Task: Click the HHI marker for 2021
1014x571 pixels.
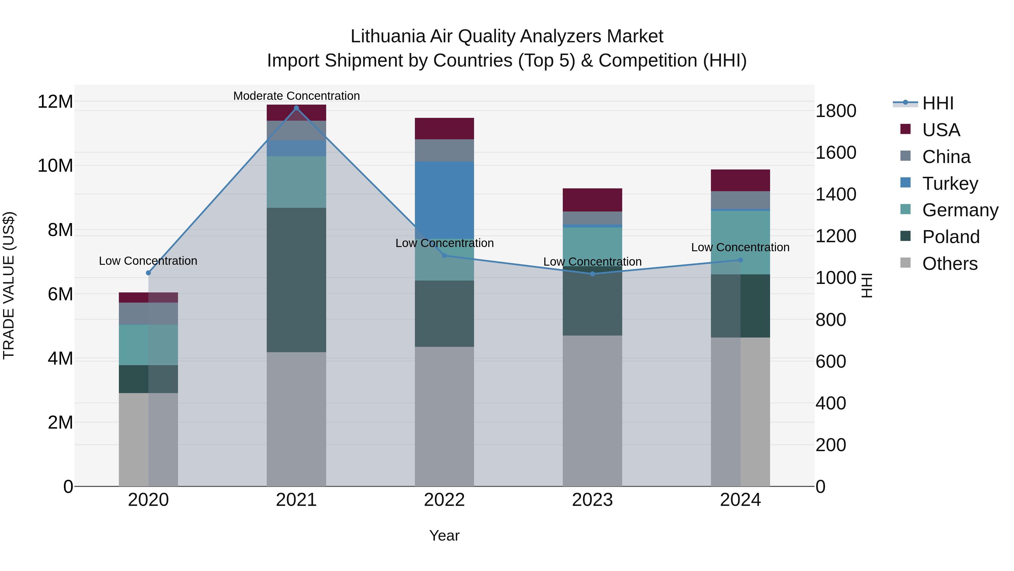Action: (296, 108)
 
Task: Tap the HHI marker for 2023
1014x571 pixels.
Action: (592, 274)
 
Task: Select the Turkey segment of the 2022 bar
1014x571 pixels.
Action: (444, 197)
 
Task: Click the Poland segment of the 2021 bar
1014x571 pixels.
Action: (296, 280)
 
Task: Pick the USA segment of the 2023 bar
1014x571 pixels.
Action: (592, 200)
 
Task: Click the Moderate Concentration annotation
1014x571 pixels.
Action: (296, 96)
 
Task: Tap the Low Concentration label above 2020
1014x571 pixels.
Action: (148, 261)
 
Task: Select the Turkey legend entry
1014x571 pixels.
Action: (950, 184)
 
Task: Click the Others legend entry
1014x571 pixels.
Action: (949, 264)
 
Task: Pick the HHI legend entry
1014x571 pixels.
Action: (938, 103)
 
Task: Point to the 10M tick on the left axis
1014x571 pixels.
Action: (55, 166)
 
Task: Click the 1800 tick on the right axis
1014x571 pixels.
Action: (836, 111)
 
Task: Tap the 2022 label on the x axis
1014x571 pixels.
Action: (444, 500)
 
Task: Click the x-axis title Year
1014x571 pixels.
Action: (444, 535)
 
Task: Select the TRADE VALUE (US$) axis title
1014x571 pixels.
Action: (9, 285)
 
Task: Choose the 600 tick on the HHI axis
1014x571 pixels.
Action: (831, 362)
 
